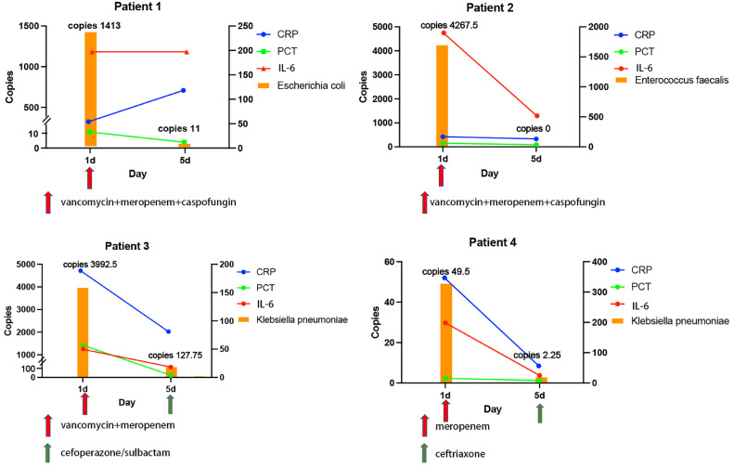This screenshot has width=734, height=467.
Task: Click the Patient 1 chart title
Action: pos(137,7)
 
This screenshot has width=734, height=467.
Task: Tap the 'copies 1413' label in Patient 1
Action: pos(94,25)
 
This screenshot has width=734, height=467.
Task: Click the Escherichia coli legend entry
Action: pos(302,85)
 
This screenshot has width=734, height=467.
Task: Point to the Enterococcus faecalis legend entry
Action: pos(672,80)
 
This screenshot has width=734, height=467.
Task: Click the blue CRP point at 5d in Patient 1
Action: pos(184,90)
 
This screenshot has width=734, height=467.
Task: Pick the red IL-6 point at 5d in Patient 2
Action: pos(537,116)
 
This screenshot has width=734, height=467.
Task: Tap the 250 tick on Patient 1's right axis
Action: pos(244,26)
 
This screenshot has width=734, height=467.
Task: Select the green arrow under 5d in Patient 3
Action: pos(171,404)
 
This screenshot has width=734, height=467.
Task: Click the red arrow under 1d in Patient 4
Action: pos(445,410)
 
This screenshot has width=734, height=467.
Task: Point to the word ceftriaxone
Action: pos(460,454)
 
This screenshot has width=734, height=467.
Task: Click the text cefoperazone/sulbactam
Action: pos(115,453)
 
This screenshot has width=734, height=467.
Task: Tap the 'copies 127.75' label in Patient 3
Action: pos(175,356)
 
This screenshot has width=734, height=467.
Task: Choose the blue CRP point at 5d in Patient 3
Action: pos(169,331)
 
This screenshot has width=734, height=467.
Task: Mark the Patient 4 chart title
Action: pos(493,242)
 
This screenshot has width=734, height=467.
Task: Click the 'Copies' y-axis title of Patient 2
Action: pos(363,86)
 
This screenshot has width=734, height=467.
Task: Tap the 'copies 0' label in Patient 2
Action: pos(534,129)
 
